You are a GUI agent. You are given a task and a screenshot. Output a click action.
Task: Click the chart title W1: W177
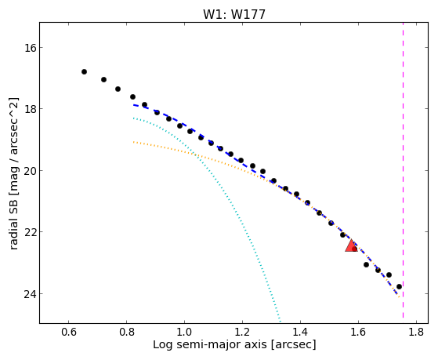pyautogui.click(x=234, y=14)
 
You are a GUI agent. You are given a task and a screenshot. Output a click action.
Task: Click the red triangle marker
pyautogui.click(x=351, y=246)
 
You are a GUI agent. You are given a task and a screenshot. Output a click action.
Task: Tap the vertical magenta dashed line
pyautogui.click(x=403, y=170)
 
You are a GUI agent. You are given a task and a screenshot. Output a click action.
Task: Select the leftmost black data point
pyautogui.click(x=84, y=72)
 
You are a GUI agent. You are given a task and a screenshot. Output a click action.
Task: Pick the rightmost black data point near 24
pyautogui.click(x=399, y=287)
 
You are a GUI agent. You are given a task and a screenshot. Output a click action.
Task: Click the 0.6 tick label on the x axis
pyautogui.click(x=69, y=332)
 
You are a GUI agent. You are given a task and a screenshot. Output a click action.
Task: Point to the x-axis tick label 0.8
pyautogui.click(x=126, y=332)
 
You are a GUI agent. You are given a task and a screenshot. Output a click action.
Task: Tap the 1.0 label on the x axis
pyautogui.click(x=184, y=332)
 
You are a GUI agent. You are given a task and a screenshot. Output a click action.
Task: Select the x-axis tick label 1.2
pyautogui.click(x=242, y=332)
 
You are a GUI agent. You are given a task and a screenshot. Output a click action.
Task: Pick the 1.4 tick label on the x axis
pyautogui.click(x=300, y=332)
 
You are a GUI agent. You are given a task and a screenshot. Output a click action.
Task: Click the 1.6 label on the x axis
pyautogui.click(x=358, y=332)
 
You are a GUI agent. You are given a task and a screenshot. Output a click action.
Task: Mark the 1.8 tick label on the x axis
pyautogui.click(x=416, y=332)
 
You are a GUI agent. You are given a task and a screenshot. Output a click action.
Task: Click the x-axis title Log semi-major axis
pyautogui.click(x=210, y=345)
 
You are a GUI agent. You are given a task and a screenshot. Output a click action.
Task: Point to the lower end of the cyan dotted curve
pyautogui.click(x=281, y=321)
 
